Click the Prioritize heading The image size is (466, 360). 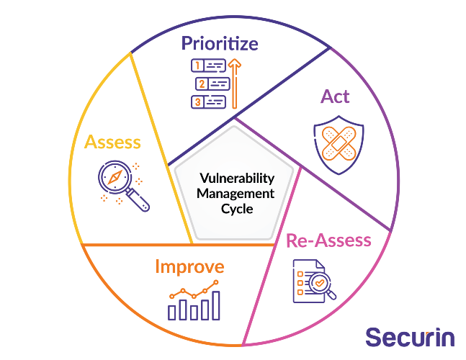pyautogui.click(x=220, y=44)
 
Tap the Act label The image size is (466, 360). pyautogui.click(x=335, y=96)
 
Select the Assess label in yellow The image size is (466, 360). pyautogui.click(x=112, y=142)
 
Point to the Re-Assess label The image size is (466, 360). pyautogui.click(x=328, y=240)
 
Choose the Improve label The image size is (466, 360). pyautogui.click(x=189, y=266)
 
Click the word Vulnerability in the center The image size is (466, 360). pyautogui.click(x=237, y=179)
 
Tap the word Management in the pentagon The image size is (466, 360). pyautogui.click(x=236, y=194)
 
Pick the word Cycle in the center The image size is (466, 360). pyautogui.click(x=237, y=209)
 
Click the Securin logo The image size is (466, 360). pyautogui.click(x=410, y=337)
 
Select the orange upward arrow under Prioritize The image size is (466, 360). pyautogui.click(x=235, y=84)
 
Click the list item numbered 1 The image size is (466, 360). pyautogui.click(x=208, y=66)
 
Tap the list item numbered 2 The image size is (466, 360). pyautogui.click(x=212, y=84)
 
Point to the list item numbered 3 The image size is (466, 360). pyautogui.click(x=208, y=102)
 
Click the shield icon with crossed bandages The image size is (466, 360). pyautogui.click(x=339, y=145)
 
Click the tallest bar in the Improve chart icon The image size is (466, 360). pyautogui.click(x=216, y=305)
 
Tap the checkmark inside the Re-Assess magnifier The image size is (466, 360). pyautogui.click(x=320, y=282)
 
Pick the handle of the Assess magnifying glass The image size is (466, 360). pyautogui.click(x=138, y=200)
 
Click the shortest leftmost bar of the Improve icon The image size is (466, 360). pyautogui.click(x=171, y=312)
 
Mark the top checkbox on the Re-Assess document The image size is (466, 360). pyautogui.click(x=300, y=274)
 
